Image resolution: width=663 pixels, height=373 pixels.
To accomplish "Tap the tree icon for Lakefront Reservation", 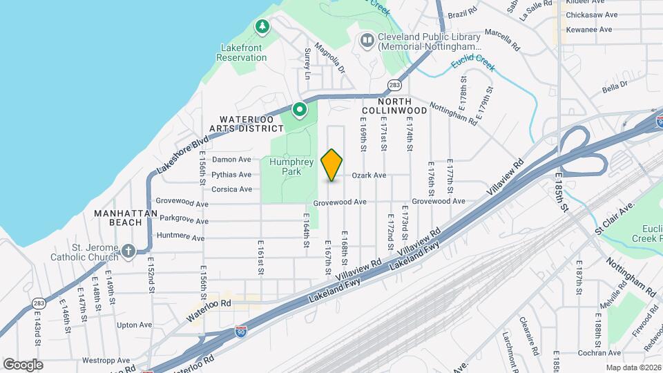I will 262,27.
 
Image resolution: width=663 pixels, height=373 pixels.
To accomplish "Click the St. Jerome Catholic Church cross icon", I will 128,251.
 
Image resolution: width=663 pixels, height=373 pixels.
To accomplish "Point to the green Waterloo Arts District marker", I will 299,110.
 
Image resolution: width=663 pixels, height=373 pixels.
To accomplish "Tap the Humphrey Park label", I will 291,166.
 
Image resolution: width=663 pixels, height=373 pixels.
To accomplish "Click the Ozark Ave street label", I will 369,175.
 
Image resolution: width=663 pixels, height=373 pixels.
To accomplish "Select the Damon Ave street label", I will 231,160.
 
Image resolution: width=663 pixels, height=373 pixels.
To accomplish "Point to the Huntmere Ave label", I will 182,238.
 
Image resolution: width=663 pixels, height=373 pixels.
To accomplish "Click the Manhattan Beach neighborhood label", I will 126,218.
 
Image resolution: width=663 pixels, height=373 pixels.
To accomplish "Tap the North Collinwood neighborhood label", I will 394,105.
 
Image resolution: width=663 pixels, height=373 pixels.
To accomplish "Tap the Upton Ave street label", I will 134,325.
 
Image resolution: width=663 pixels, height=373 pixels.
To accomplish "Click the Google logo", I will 23,364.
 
